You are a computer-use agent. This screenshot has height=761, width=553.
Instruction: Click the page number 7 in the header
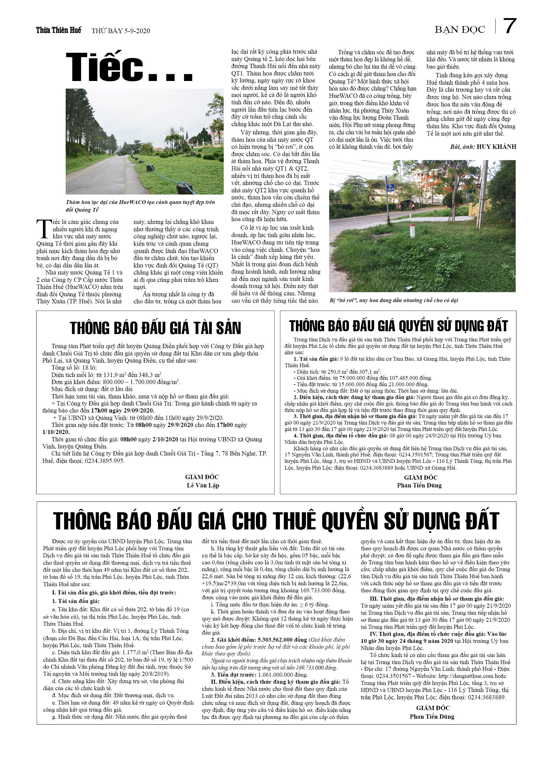tap(509, 26)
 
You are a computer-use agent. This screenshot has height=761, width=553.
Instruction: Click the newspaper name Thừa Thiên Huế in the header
tap(58, 31)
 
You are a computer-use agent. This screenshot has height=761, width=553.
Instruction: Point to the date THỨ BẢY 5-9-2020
tap(121, 31)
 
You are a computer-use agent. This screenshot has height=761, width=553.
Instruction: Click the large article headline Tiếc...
tap(129, 67)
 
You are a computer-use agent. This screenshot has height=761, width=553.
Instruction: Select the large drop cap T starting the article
tap(44, 229)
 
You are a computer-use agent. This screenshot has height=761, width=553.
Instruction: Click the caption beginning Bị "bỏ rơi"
tap(393, 300)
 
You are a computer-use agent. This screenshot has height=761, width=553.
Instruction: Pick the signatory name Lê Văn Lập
tap(203, 485)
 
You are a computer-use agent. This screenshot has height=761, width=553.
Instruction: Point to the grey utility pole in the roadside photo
tap(483, 194)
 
